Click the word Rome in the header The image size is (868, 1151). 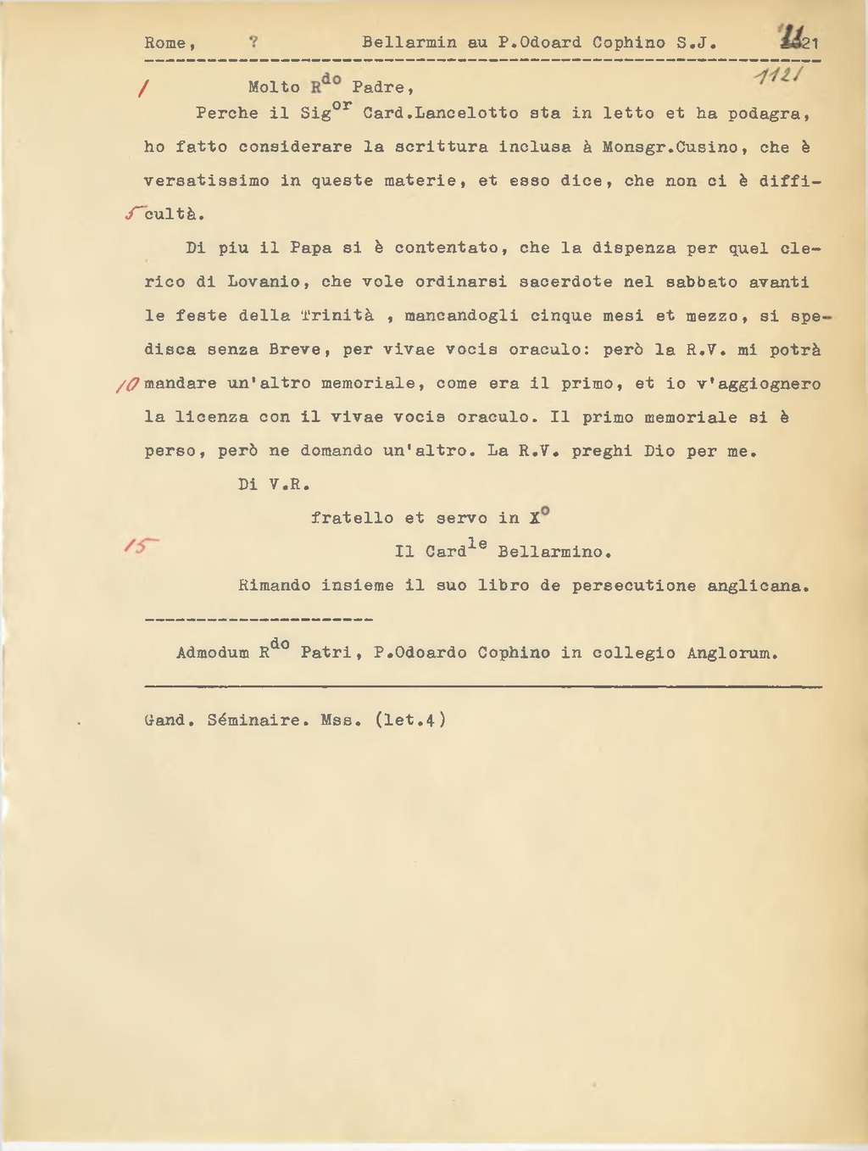pos(164,42)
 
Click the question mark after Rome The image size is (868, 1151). pos(253,42)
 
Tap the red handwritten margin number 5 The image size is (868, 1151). pos(131,214)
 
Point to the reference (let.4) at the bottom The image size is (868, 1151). pos(410,720)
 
